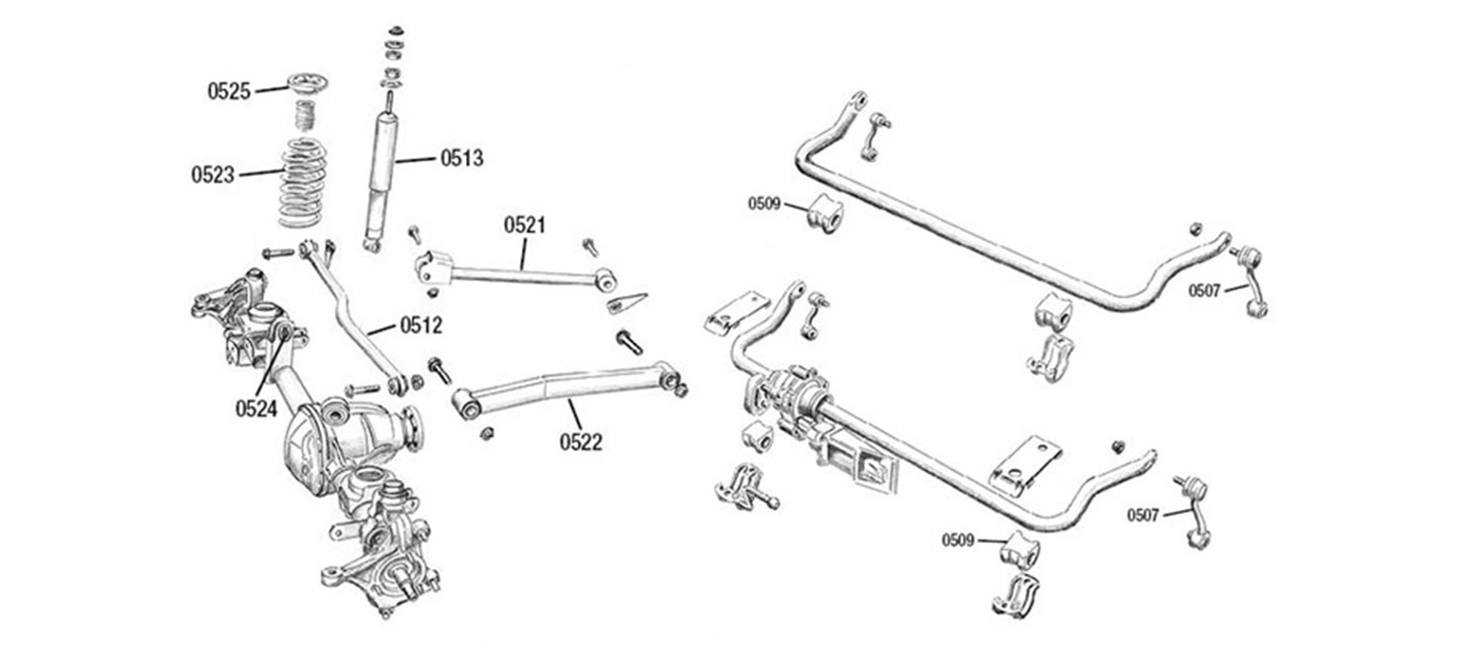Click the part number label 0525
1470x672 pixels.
point(229,91)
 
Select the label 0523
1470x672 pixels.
point(212,175)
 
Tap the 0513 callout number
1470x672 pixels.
point(461,158)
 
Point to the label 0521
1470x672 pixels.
point(525,225)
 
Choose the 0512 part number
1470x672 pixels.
point(421,325)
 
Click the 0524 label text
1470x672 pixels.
point(256,409)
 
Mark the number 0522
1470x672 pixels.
point(581,441)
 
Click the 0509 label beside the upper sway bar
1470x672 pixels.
point(764,204)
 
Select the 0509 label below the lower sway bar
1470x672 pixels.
point(957,540)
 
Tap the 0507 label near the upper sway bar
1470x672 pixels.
point(1203,291)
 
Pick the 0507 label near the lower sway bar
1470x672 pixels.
point(1142,515)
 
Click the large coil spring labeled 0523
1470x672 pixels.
point(303,182)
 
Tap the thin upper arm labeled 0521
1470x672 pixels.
point(518,272)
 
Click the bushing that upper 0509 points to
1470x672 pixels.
point(823,214)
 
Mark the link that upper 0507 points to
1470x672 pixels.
point(1251,279)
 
